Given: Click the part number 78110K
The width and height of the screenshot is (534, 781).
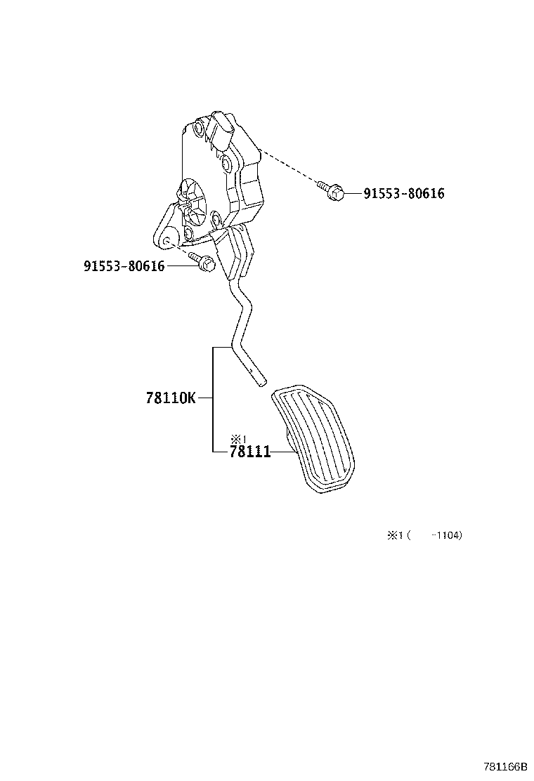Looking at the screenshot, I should tap(171, 398).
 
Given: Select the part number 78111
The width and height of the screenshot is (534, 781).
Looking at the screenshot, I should tap(249, 452).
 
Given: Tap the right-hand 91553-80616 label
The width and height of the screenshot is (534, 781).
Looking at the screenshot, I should tap(403, 193).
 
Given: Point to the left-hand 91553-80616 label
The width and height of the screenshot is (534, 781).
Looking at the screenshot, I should tap(124, 266).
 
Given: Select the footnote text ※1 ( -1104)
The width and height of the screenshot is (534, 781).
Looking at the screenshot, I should tap(424, 535).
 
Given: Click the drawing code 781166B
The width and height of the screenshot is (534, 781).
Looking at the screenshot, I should tap(504, 768).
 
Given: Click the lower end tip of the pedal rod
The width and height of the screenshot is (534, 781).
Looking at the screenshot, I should tap(261, 383).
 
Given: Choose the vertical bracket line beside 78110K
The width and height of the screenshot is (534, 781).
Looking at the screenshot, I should tap(214, 398).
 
